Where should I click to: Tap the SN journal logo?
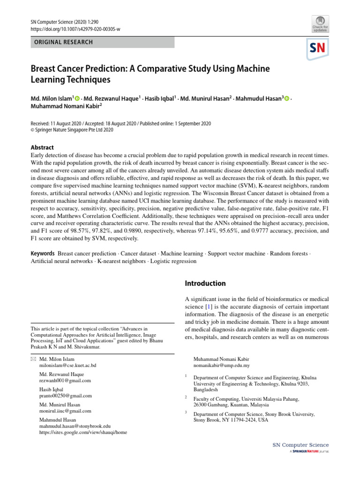(318, 48)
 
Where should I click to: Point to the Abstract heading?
(42, 147)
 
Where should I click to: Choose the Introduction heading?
(205, 284)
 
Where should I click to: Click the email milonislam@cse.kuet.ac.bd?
(68, 365)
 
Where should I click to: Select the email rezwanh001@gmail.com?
(65, 381)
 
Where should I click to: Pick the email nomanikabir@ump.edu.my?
(221, 365)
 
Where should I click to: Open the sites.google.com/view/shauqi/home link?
(83, 432)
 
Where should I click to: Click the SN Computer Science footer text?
(300, 445)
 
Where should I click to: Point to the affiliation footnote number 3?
(186, 412)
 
